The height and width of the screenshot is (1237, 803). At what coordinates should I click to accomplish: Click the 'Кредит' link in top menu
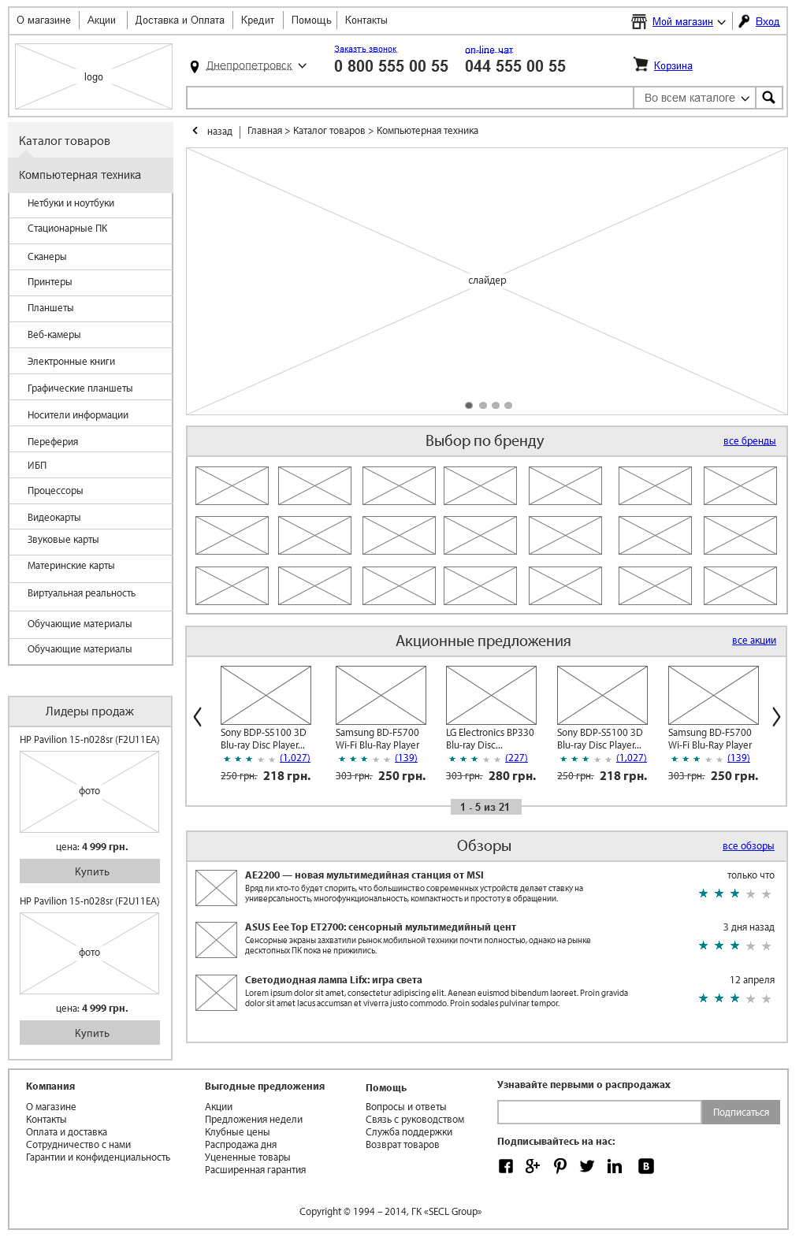pyautogui.click(x=258, y=20)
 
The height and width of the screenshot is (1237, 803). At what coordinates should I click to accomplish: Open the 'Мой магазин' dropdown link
pyautogui.click(x=682, y=22)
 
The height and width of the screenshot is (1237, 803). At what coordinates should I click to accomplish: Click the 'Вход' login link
pyautogui.click(x=767, y=22)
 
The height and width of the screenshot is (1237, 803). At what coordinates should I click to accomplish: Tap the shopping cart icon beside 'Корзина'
pyautogui.click(x=641, y=65)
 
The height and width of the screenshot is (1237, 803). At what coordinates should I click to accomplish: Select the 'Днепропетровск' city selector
pyautogui.click(x=249, y=66)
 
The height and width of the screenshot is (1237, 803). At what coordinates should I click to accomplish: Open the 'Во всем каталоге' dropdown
pyautogui.click(x=695, y=98)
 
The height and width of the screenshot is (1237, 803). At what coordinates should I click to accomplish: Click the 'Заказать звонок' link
pyautogui.click(x=366, y=50)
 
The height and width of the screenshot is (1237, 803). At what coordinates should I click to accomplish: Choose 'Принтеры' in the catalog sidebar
pyautogui.click(x=50, y=282)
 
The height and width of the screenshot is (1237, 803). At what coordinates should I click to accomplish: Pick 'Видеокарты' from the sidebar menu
pyautogui.click(x=54, y=518)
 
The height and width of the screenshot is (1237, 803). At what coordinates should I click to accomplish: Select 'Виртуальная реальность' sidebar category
pyautogui.click(x=81, y=593)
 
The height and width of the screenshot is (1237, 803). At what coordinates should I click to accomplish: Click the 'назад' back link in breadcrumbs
pyautogui.click(x=219, y=132)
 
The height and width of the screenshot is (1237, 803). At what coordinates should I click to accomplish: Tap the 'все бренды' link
pyautogui.click(x=749, y=441)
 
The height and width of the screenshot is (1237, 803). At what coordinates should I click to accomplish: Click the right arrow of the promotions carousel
pyautogui.click(x=776, y=716)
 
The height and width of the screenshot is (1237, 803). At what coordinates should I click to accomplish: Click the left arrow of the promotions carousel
pyautogui.click(x=198, y=716)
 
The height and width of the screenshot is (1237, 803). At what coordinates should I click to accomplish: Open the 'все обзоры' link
pyautogui.click(x=748, y=846)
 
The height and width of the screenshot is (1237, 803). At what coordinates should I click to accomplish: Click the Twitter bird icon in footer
pyautogui.click(x=587, y=1166)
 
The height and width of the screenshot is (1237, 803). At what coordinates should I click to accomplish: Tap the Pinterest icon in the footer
pyautogui.click(x=560, y=1166)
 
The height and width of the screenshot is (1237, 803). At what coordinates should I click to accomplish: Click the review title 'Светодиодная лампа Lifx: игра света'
pyautogui.click(x=333, y=980)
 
